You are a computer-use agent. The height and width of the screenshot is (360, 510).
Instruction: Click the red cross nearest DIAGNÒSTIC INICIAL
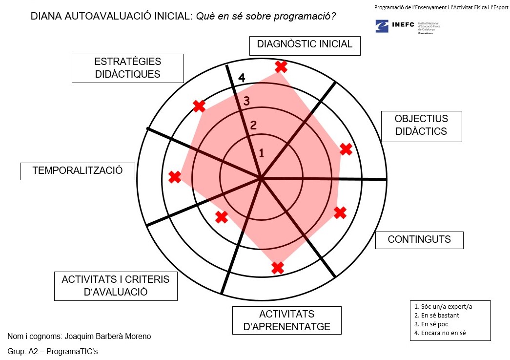281,66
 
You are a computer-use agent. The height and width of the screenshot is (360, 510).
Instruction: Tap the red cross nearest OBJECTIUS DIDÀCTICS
346,149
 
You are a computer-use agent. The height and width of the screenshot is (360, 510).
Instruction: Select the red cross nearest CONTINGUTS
340,212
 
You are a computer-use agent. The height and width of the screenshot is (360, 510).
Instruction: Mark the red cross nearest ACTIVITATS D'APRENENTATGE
277,268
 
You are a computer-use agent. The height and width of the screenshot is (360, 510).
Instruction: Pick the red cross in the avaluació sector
222,216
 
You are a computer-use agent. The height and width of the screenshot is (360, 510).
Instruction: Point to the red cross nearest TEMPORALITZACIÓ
174,177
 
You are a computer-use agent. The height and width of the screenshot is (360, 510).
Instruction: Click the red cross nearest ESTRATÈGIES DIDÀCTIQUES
199,106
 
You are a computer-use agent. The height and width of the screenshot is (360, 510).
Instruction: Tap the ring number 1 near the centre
261,153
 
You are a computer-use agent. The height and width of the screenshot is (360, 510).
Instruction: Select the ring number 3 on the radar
247,101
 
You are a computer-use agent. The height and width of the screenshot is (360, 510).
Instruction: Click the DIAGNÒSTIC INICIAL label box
305,44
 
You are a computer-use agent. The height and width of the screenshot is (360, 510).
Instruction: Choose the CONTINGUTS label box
419,240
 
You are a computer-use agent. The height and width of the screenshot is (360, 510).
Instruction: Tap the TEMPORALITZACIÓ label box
77,171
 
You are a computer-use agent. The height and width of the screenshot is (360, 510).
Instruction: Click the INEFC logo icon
382,26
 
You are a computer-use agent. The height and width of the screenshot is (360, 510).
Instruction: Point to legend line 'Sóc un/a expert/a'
443,307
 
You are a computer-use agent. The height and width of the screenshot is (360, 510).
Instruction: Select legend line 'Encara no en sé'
444,333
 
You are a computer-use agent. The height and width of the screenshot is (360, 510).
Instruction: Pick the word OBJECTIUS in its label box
421,119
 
